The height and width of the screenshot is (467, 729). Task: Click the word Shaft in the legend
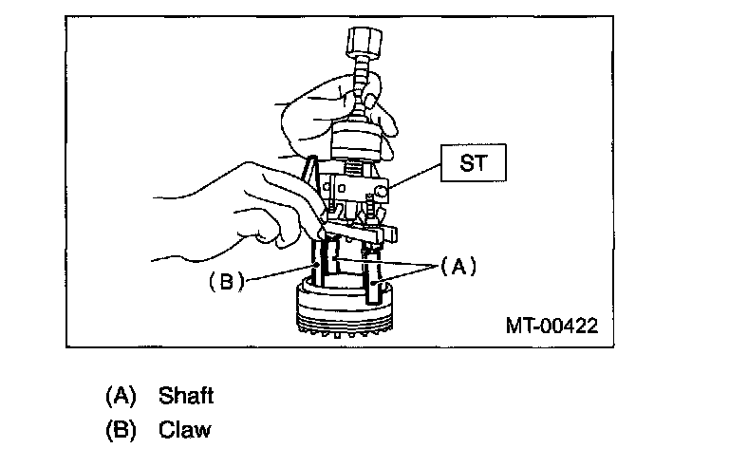click(x=187, y=395)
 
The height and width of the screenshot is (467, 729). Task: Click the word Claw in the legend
click(x=185, y=429)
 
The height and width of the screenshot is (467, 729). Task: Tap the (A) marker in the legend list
click(x=121, y=395)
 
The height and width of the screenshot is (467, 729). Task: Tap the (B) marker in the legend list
click(x=121, y=429)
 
